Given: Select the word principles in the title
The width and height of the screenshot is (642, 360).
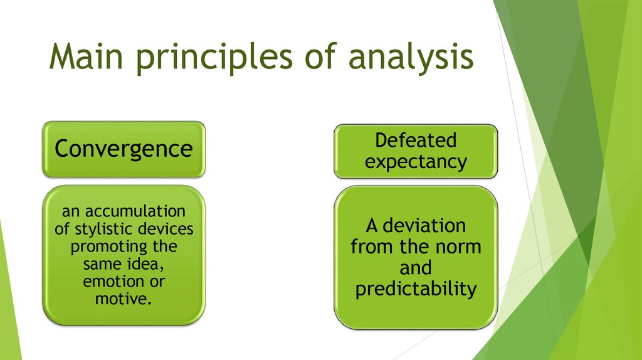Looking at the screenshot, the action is click(x=213, y=58).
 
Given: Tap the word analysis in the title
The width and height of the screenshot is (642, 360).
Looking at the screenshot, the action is click(x=411, y=58).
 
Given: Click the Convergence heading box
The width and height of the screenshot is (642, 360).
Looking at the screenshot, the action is click(x=124, y=149).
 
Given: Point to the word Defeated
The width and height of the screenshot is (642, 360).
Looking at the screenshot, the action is click(x=416, y=140).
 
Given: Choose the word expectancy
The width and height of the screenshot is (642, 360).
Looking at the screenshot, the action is click(x=416, y=162).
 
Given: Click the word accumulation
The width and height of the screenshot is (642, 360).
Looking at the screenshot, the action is click(x=135, y=211).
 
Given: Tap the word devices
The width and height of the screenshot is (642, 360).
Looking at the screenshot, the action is click(x=166, y=229).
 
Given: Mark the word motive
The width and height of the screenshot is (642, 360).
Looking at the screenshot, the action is click(x=124, y=299).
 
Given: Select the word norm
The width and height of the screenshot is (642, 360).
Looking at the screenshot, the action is click(x=458, y=247).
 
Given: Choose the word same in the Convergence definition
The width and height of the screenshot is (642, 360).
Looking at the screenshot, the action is click(x=101, y=265).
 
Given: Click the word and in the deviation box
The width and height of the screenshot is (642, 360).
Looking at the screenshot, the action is click(x=416, y=268).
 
